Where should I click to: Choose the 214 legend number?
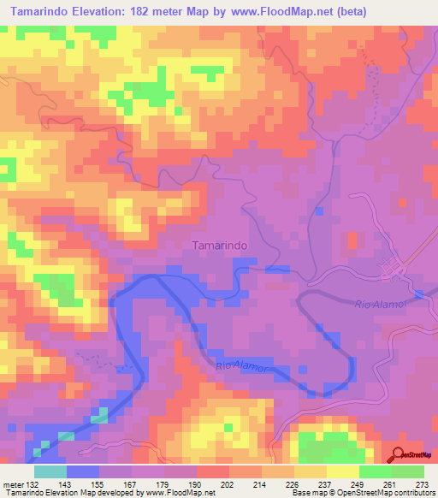[x=260, y=485]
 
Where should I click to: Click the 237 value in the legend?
[x=324, y=485]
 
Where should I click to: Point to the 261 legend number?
[x=388, y=485]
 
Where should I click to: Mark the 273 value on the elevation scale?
[x=421, y=485]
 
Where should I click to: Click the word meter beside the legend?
[x=14, y=485]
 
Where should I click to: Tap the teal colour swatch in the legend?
[x=50, y=471]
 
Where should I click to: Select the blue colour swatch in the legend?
[x=83, y=471]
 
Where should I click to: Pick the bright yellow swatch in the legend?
[x=344, y=471]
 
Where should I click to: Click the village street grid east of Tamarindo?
[x=395, y=270]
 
